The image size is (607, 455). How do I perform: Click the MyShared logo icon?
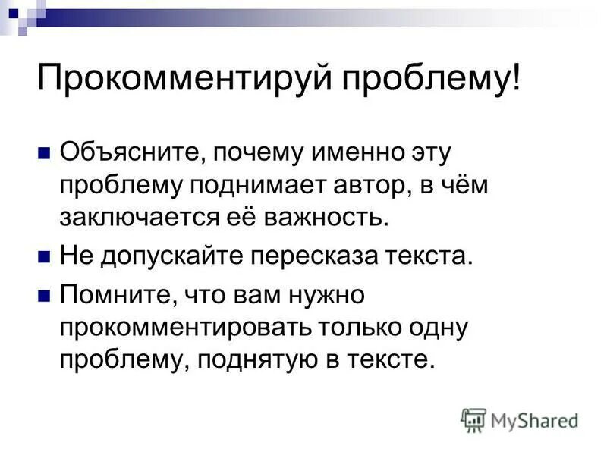473,419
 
